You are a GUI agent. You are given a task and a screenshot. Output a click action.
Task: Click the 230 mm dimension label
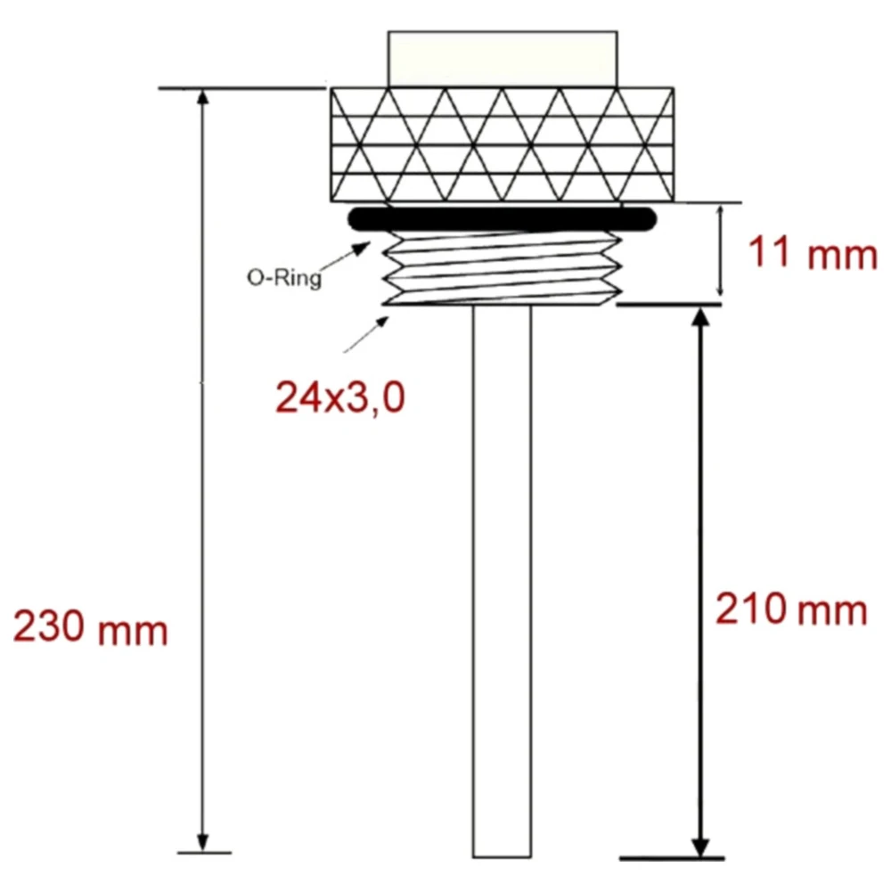90,629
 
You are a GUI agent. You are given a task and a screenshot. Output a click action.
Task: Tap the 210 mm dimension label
791,611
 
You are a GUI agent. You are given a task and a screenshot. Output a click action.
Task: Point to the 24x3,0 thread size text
340,398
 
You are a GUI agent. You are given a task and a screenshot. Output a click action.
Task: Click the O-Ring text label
283,276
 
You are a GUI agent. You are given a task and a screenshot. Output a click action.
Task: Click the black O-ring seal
503,218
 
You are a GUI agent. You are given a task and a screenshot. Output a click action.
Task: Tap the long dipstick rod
502,579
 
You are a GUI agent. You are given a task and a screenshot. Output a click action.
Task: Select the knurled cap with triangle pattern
503,144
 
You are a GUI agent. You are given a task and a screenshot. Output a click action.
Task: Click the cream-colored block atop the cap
503,59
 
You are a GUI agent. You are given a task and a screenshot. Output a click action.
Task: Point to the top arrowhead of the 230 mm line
203,98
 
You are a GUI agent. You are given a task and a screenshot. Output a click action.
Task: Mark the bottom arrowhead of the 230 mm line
203,843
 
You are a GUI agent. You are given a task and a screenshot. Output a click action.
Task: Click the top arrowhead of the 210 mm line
701,316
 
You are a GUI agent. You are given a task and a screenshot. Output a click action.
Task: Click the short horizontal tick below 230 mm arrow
204,854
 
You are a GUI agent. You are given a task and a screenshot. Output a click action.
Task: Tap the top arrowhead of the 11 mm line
720,209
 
